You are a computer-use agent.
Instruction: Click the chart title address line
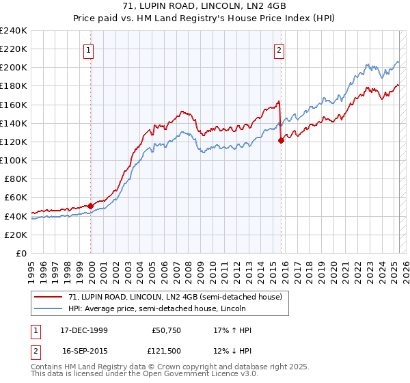[204, 7]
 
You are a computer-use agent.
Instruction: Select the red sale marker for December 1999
[91, 205]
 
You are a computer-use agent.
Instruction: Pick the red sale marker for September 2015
[281, 140]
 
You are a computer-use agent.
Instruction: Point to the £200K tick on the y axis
[14, 68]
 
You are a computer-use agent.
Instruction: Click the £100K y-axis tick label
[14, 160]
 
